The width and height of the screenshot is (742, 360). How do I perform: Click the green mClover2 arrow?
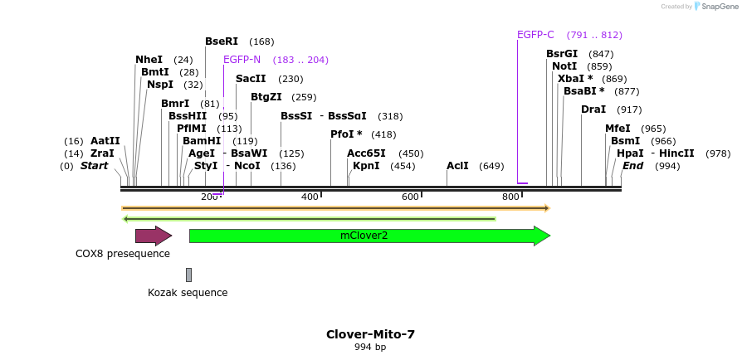pyautogui.click(x=365, y=236)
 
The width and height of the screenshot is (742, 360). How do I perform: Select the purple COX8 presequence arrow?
pyautogui.click(x=153, y=236)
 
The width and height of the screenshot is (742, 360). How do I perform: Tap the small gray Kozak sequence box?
pyautogui.click(x=188, y=275)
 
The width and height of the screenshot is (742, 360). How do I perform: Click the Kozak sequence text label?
pyautogui.click(x=188, y=293)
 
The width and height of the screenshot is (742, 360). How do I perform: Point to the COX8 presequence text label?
pyautogui.click(x=123, y=254)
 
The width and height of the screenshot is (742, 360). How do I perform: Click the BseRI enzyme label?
pyautogui.click(x=222, y=41)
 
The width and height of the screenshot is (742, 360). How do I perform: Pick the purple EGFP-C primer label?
pyautogui.click(x=535, y=35)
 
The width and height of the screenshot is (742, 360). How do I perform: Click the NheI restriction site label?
pyautogui.click(x=149, y=60)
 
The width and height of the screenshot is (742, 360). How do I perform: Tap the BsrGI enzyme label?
pyautogui.click(x=562, y=54)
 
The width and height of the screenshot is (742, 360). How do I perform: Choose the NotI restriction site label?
pyautogui.click(x=564, y=66)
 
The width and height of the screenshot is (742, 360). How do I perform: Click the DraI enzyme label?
pyautogui.click(x=593, y=109)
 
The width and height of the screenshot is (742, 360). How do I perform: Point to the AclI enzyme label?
pyautogui.click(x=457, y=166)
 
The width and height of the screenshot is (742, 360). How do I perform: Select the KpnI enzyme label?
pyautogui.click(x=366, y=166)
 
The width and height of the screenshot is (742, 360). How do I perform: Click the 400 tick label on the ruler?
pyautogui.click(x=310, y=197)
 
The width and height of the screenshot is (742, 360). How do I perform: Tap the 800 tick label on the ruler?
pyautogui.click(x=510, y=197)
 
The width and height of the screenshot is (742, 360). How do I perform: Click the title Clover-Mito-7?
pyautogui.click(x=370, y=334)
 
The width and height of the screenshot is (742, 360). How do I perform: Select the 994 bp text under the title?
pyautogui.click(x=370, y=348)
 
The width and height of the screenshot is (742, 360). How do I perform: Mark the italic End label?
pyautogui.click(x=632, y=166)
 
